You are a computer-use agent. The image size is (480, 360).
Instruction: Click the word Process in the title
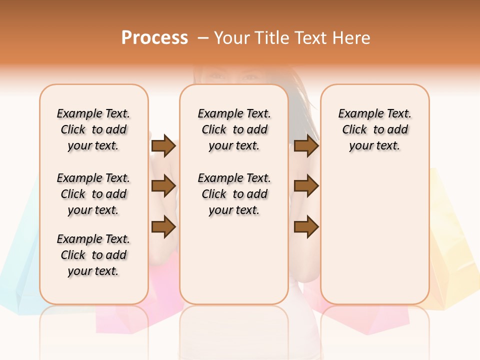point(154,37)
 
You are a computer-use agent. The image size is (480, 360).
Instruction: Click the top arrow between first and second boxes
point(163,146)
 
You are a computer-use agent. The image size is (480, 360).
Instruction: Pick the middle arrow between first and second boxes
point(163,186)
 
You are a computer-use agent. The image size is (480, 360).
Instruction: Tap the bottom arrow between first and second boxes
point(163,227)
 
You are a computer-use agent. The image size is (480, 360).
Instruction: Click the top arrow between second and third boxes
point(306,146)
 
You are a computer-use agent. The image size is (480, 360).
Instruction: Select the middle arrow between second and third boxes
point(306,186)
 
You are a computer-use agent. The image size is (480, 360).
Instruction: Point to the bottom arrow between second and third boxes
point(306,227)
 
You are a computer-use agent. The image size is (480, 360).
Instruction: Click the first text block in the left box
point(93,129)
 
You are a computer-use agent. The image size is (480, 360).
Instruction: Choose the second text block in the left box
point(93,194)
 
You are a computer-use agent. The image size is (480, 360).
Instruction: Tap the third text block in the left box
point(93,255)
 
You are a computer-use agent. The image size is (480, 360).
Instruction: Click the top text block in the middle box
point(234,129)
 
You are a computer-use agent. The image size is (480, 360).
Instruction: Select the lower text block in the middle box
point(234,194)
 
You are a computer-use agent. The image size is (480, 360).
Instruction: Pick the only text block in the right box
point(374,129)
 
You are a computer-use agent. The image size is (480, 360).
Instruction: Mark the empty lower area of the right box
point(374,235)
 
